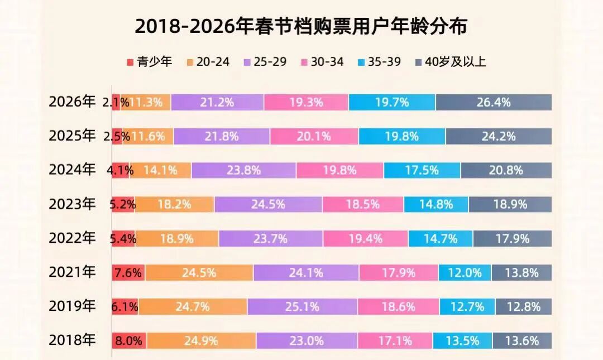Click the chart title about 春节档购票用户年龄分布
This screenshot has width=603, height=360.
pyautogui.click(x=301, y=27)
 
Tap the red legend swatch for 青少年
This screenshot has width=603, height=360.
pyautogui.click(x=130, y=62)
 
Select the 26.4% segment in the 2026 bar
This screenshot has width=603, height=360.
pyautogui.click(x=494, y=102)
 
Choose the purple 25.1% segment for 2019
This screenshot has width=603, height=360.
pyautogui.click(x=302, y=306)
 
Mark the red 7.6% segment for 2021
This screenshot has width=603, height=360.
pyautogui.click(x=128, y=273)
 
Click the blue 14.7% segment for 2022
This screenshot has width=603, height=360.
pyautogui.click(x=441, y=239)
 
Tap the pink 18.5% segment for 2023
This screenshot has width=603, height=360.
pyautogui.click(x=363, y=204)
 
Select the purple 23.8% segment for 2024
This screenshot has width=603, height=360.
pyautogui.click(x=243, y=170)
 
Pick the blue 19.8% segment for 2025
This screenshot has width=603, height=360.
pyautogui.click(x=402, y=136)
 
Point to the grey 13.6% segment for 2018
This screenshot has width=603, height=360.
pyautogui.click(x=522, y=340)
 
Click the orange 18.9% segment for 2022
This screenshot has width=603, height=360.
pyautogui.click(x=176, y=239)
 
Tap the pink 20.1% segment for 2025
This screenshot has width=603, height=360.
pyautogui.click(x=314, y=136)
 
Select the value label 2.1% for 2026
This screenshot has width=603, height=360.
pyautogui.click(x=116, y=102)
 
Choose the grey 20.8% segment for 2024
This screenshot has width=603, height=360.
pyautogui.click(x=506, y=170)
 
